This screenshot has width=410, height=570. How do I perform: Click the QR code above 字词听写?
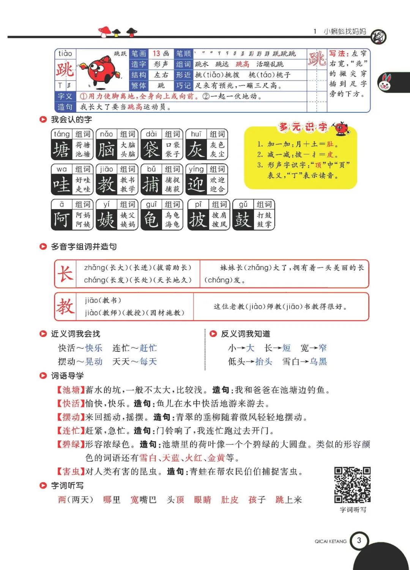point(352,485)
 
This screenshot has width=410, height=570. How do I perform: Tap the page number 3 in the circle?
point(359,540)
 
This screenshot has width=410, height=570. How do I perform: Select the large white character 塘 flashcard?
point(61,150)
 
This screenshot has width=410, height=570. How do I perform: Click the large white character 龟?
point(151,220)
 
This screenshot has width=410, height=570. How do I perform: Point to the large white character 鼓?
point(243,220)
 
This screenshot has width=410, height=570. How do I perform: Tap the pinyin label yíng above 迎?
point(196,169)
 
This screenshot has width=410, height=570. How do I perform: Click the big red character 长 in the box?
point(65,273)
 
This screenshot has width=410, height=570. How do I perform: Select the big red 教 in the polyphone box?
point(65,306)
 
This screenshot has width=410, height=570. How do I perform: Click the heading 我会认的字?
point(71,120)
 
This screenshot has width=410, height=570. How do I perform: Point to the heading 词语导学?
point(67,376)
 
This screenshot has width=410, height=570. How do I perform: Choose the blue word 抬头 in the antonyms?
point(264,362)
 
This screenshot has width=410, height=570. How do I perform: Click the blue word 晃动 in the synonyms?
point(94,362)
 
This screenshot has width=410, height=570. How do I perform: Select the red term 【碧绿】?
point(71,444)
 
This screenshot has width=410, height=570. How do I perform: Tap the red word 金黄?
point(216,458)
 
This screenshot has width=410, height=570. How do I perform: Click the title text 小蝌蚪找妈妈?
point(345,31)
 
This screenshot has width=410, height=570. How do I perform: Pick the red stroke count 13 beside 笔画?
point(156,54)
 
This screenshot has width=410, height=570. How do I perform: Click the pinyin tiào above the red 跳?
point(65,54)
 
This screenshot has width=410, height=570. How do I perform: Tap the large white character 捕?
point(151,185)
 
